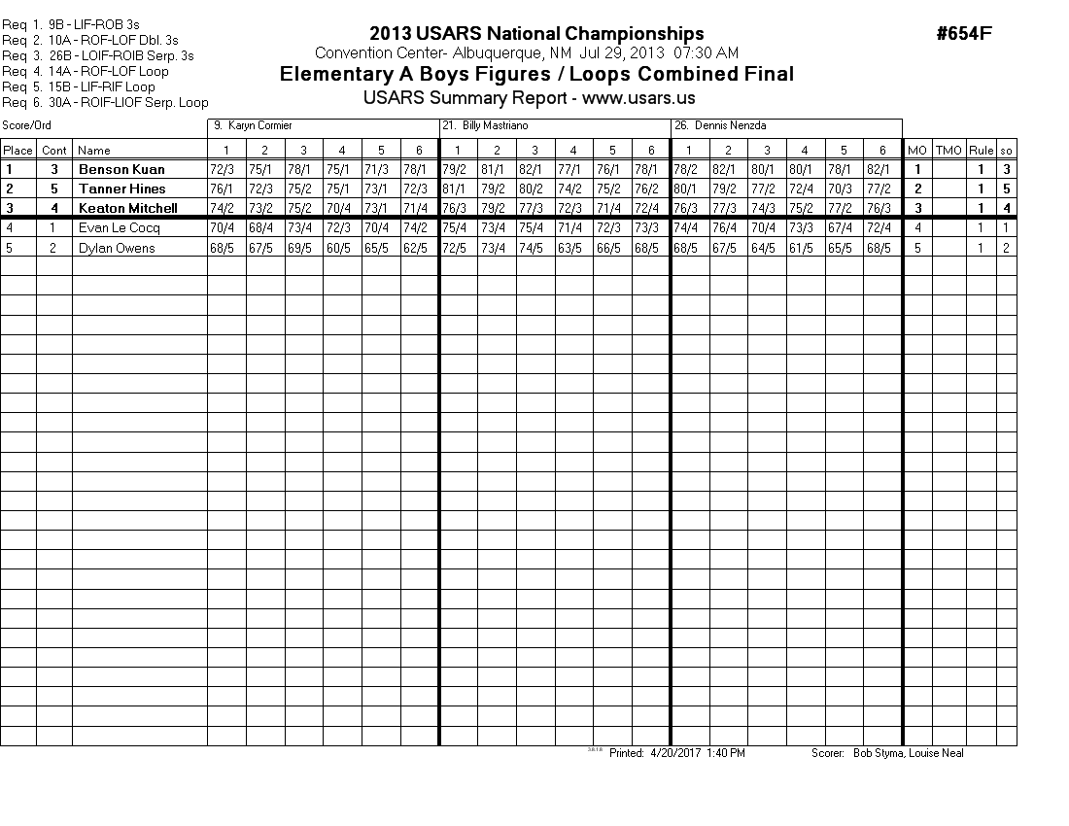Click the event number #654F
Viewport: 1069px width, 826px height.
pyautogui.click(x=964, y=34)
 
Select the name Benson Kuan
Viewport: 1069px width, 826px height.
pyautogui.click(x=121, y=169)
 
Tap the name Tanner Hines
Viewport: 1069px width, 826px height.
pyautogui.click(x=121, y=189)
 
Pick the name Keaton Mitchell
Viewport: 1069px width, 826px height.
pyautogui.click(x=127, y=208)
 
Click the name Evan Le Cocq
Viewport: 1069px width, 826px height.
pyautogui.click(x=120, y=227)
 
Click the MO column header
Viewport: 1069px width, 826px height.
pyautogui.click(x=916, y=150)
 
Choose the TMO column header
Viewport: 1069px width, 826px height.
pyautogui.click(x=948, y=150)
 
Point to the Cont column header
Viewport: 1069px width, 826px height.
pyautogui.click(x=54, y=150)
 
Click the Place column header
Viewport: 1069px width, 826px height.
pyautogui.click(x=17, y=150)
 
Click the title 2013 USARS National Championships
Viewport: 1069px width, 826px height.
pyautogui.click(x=536, y=35)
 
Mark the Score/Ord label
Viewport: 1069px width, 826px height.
pyautogui.click(x=26, y=126)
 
